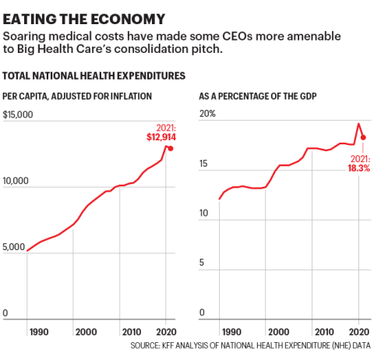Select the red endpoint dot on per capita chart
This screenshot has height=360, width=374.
point(171,148)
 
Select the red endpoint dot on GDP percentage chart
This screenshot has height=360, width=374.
point(363,137)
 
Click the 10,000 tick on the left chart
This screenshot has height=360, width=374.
point(17,181)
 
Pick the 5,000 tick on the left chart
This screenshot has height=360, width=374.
point(15,247)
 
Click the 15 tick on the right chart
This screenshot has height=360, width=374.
point(204,164)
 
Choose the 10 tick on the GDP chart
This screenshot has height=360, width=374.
point(204,213)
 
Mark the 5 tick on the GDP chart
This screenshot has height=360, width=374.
point(202,262)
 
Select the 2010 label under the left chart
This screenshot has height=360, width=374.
point(131,331)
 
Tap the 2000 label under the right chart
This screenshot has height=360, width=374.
point(268,331)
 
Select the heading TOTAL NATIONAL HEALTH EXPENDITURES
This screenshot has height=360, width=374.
point(94,76)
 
